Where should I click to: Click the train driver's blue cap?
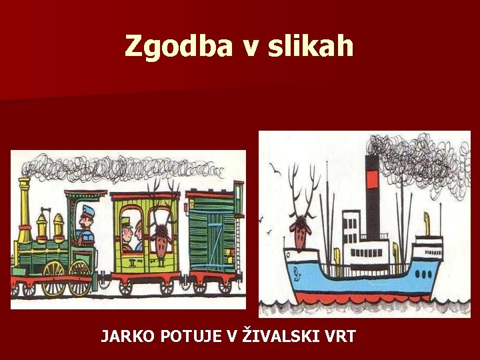point(87,212)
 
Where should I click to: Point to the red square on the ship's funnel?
point(372,178)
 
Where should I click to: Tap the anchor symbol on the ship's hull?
point(297,273)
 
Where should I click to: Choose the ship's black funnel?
point(372,200)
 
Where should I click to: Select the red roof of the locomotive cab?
point(85,194)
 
